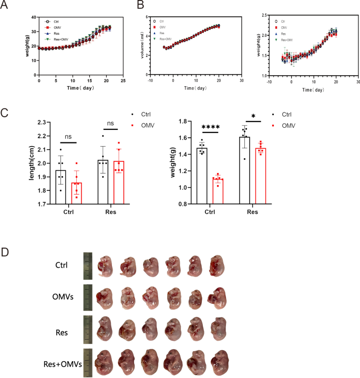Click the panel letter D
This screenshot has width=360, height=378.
point(5,252)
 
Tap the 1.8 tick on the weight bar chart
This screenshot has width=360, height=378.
point(187,121)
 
